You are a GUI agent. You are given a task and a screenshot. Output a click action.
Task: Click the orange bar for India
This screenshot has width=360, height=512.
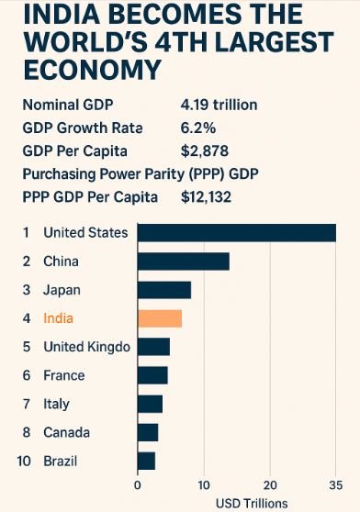click(160, 318)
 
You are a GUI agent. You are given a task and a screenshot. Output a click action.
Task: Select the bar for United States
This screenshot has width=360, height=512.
click(236, 233)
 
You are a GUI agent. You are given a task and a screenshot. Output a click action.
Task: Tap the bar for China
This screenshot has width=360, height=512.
click(183, 262)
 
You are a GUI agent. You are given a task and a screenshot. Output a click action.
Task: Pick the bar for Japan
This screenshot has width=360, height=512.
click(163, 290)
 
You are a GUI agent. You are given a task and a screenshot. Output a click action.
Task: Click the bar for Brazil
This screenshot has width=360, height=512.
click(146, 461)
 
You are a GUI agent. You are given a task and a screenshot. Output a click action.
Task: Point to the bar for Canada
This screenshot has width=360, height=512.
click(148, 432)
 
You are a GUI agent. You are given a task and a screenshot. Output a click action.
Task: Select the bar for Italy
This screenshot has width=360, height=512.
click(150, 404)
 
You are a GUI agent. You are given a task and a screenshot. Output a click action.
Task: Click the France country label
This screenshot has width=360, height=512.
click(63, 375)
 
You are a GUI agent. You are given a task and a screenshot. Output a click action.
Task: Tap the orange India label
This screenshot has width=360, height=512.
click(58, 318)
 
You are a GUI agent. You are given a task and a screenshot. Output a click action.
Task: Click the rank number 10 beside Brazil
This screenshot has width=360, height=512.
click(25, 461)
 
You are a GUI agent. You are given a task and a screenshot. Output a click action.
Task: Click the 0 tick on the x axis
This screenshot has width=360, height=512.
click(138, 485)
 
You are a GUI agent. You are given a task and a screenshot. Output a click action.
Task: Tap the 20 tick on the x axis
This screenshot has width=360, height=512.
click(269, 485)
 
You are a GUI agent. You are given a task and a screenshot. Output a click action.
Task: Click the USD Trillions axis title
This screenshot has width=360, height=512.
click(252, 503)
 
